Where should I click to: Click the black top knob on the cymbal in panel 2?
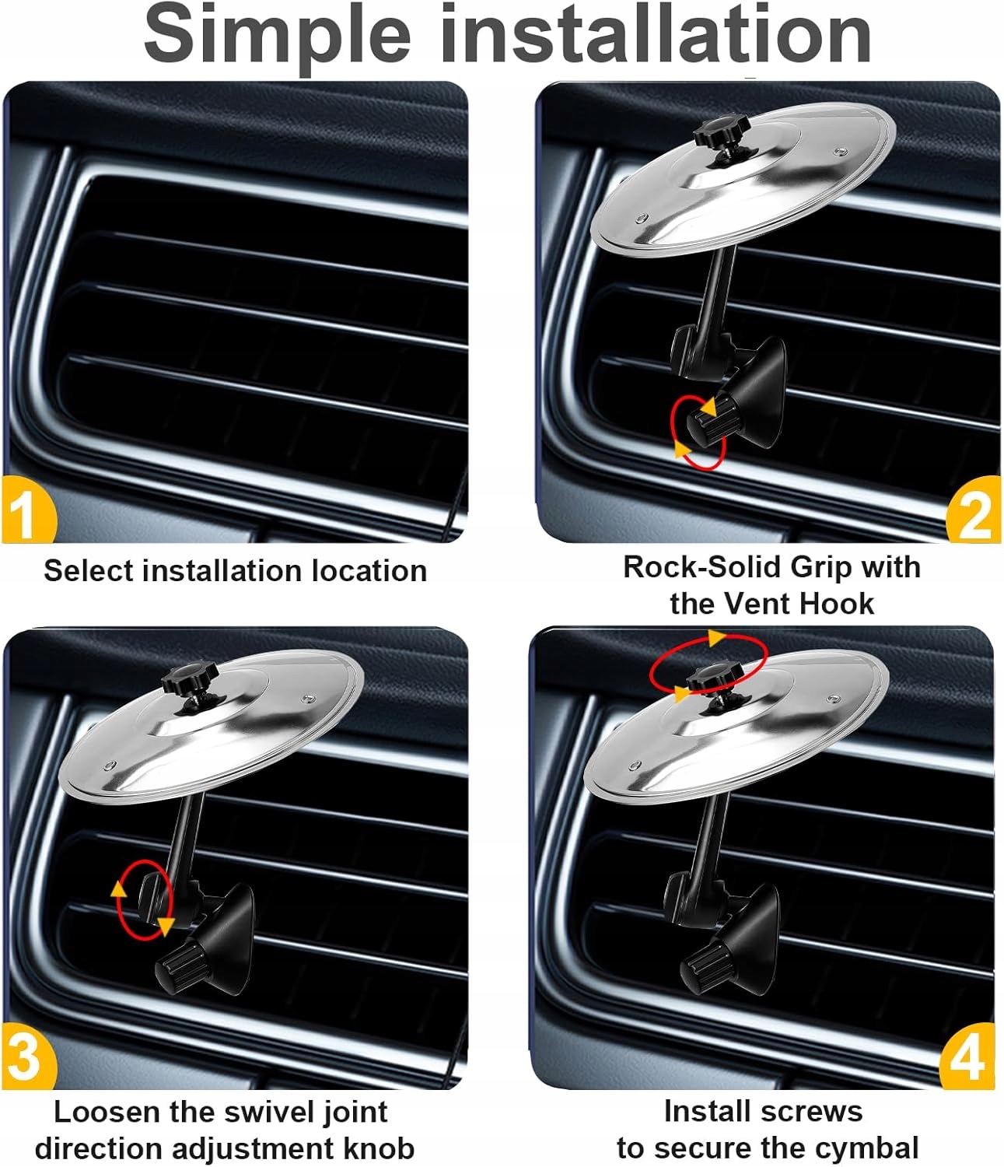[721, 128]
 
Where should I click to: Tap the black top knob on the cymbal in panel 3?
[189, 677]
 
